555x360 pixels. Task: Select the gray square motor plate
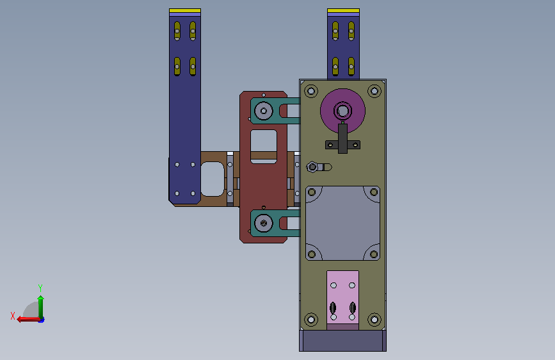coord(342,223)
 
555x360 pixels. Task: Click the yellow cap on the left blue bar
coord(185,11)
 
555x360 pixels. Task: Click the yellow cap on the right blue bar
coord(343,11)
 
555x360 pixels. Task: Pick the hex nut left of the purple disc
coord(312,167)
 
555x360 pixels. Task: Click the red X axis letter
coord(13,316)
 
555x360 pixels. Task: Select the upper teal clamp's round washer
coord(263,111)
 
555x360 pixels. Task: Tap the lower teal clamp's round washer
coord(263,223)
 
